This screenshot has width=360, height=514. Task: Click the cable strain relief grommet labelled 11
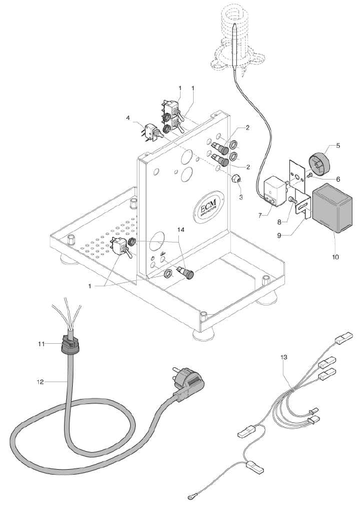[69, 344]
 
